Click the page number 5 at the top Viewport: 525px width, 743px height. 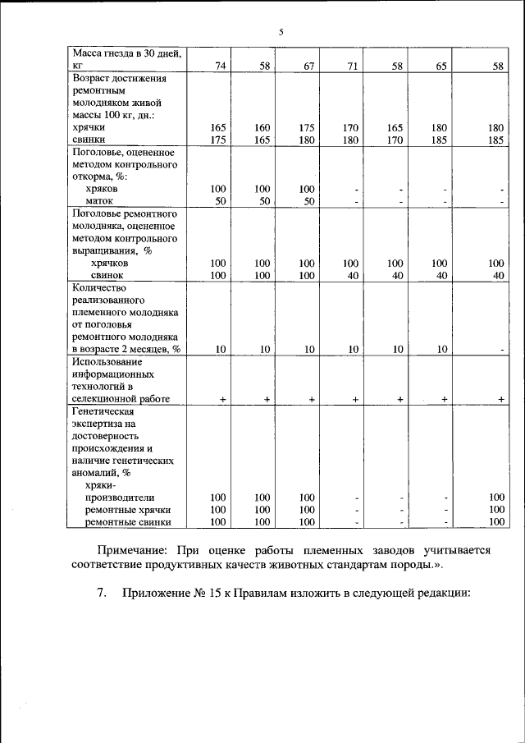tap(280, 32)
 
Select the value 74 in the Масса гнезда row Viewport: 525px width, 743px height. tap(220, 66)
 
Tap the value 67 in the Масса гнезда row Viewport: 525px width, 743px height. tap(308, 66)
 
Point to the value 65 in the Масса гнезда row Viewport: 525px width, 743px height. tap(441, 66)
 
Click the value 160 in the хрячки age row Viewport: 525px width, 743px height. tap(262, 128)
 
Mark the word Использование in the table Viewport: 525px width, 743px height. tap(107, 361)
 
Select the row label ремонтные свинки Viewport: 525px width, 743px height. tap(128, 521)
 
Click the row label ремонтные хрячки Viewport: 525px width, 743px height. tap(127, 510)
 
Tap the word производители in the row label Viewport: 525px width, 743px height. tap(120, 498)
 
